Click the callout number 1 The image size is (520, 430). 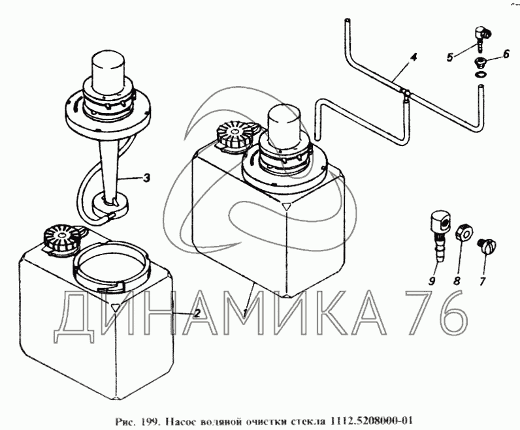click(245, 312)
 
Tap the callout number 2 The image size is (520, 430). click(197, 313)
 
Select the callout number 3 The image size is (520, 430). click(146, 178)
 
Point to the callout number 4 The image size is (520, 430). click(413, 57)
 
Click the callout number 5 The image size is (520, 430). click(449, 57)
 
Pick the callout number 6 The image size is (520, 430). click(506, 54)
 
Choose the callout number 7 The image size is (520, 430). click(482, 281)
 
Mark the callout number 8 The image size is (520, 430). click(457, 281)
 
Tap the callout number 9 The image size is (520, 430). click(432, 281)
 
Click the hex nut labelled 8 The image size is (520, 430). click(464, 234)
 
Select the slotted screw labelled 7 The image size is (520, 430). click(487, 247)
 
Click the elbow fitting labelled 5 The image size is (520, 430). click(481, 38)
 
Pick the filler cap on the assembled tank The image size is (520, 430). click(236, 136)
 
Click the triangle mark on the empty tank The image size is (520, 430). click(115, 307)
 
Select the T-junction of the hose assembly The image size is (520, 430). click(404, 93)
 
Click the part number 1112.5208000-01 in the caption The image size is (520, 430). click(370, 421)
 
